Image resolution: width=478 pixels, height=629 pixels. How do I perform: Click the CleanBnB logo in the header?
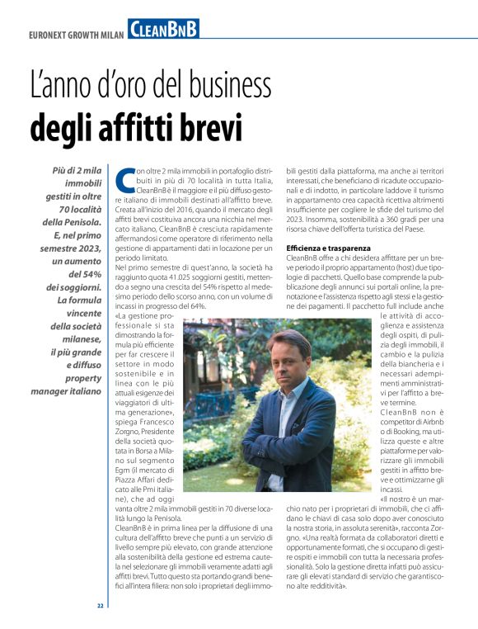pyautogui.click(x=163, y=29)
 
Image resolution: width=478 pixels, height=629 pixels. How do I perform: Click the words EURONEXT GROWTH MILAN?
pyautogui.click(x=72, y=35)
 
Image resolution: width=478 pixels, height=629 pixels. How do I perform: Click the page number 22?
pyautogui.click(x=101, y=605)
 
